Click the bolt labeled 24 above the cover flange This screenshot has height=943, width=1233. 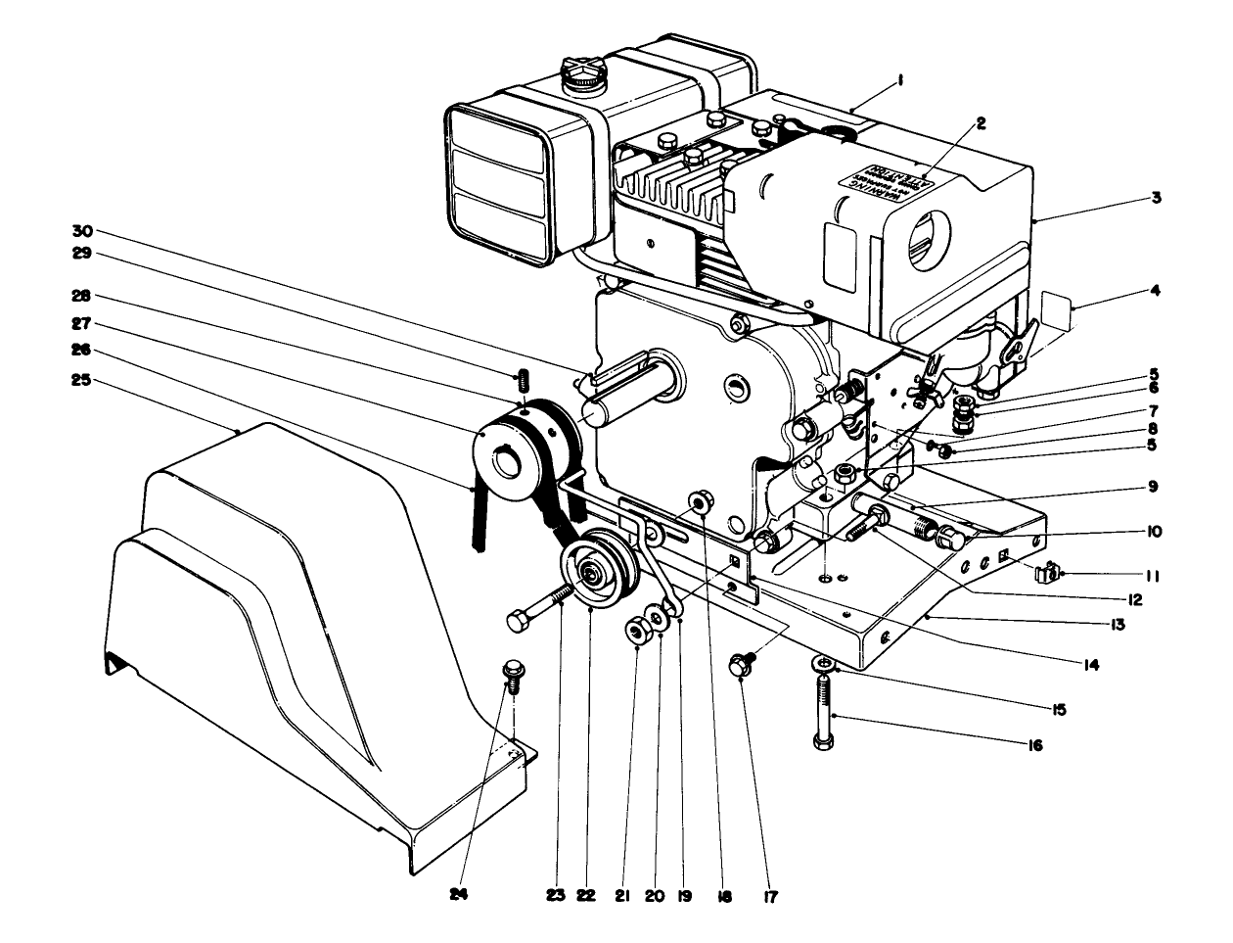510,673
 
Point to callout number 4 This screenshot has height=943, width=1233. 1156,290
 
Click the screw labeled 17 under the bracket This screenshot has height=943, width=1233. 742,665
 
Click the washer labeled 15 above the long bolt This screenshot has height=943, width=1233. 825,665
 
